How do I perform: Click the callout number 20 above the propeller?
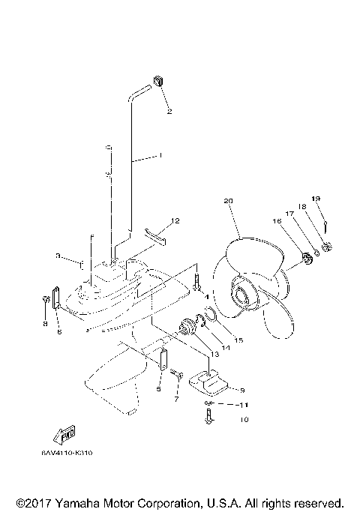click(x=229, y=201)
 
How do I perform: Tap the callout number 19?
click(x=316, y=199)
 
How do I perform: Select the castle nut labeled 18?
click(x=327, y=248)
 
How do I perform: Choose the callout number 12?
click(x=175, y=221)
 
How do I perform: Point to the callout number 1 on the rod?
click(x=159, y=156)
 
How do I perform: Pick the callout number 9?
click(x=241, y=390)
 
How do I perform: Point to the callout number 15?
click(x=239, y=340)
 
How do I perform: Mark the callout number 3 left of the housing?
click(x=58, y=256)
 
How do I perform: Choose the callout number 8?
click(x=44, y=324)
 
